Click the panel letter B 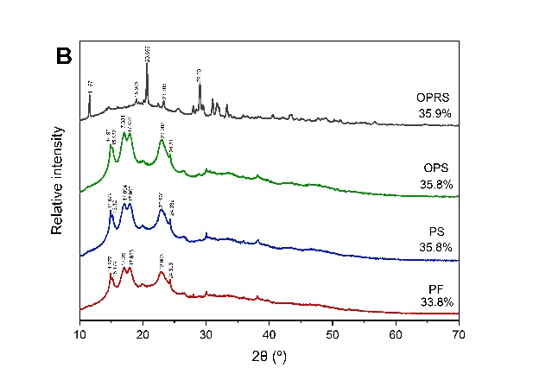[63, 56]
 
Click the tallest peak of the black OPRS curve [147, 65]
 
